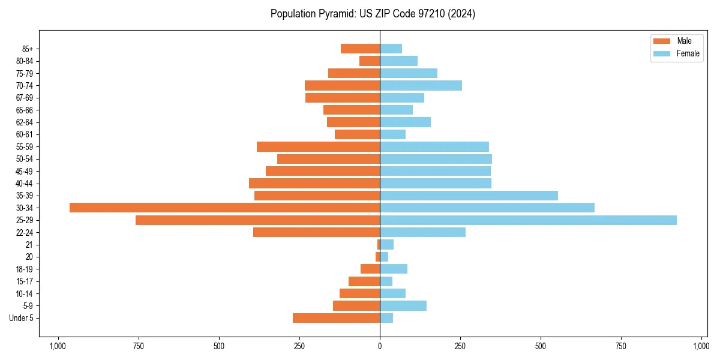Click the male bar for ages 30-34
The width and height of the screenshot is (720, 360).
(x=224, y=208)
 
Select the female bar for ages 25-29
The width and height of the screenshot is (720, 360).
(x=528, y=220)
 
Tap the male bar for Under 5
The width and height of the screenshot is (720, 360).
(x=336, y=318)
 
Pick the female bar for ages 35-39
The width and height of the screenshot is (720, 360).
(x=469, y=196)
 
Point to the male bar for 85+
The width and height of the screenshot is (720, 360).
(x=360, y=49)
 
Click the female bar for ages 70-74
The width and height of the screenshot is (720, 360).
(x=421, y=85)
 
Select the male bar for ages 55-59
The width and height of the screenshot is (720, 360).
(x=318, y=146)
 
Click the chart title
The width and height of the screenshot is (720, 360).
(x=373, y=14)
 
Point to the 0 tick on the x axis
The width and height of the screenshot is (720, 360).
(x=380, y=346)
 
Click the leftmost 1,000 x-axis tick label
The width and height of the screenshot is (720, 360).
(x=58, y=346)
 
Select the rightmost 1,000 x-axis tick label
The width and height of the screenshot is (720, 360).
(x=701, y=346)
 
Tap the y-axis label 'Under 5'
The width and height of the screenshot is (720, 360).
(x=21, y=318)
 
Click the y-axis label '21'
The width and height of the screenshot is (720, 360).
(x=29, y=245)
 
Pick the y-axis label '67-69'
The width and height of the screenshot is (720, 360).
(x=25, y=98)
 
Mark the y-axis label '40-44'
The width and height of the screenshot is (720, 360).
(x=25, y=184)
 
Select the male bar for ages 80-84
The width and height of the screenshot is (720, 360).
(x=370, y=61)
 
